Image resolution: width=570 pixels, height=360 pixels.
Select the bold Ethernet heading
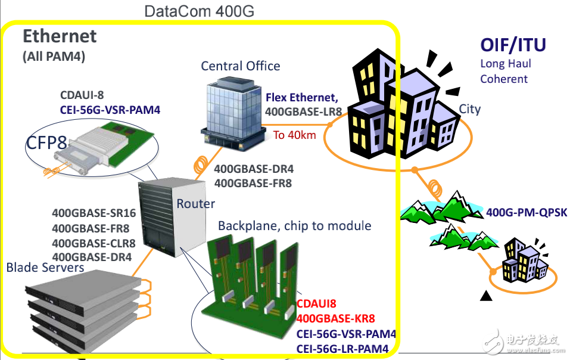(60, 36)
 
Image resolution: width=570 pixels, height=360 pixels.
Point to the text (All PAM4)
(54, 57)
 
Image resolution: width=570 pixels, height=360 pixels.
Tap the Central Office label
(241, 66)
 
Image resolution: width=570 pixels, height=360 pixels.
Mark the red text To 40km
(294, 135)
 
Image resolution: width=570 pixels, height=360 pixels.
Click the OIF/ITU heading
(513, 45)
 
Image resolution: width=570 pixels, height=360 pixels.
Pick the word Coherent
(504, 79)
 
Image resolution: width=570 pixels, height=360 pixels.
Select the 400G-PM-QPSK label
(527, 212)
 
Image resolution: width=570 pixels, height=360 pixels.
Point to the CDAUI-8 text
(83, 95)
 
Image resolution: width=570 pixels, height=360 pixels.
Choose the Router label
(195, 204)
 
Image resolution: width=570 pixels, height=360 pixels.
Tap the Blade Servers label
(45, 268)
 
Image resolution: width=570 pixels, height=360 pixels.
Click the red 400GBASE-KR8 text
(336, 319)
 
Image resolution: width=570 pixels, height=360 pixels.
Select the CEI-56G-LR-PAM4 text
(342, 349)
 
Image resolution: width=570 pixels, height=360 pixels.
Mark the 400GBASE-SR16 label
(94, 212)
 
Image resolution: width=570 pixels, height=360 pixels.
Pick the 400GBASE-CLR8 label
(94, 243)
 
